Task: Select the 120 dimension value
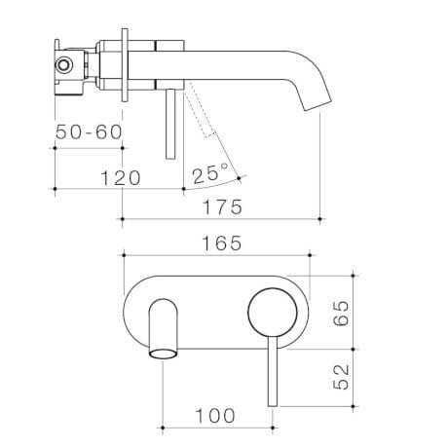pyautogui.click(x=120, y=178)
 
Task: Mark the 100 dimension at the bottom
pyautogui.click(x=214, y=416)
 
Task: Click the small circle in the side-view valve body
pyautogui.click(x=66, y=65)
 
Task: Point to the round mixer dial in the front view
pyautogui.click(x=272, y=314)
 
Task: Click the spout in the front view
pyautogui.click(x=164, y=329)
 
